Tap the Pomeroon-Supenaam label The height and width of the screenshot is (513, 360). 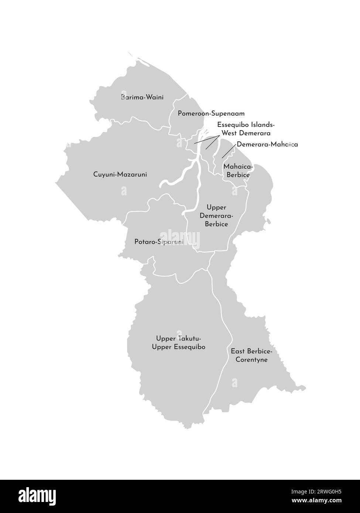coord(211,114)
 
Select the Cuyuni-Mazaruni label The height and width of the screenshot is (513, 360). coord(120,174)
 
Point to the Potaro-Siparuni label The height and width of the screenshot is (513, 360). coord(159,242)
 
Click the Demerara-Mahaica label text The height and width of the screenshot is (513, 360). coord(267,144)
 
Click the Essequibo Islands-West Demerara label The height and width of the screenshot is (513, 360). coord(246,129)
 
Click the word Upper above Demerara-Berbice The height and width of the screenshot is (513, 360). coord(216,208)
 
